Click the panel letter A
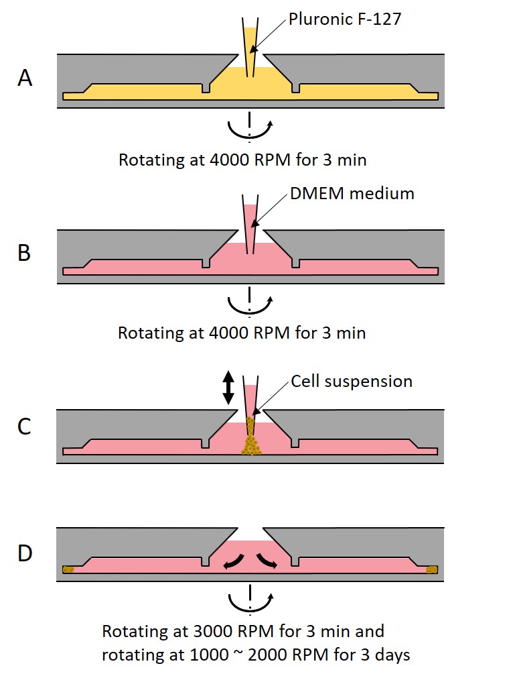[25, 78]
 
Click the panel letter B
[24, 253]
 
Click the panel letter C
[24, 426]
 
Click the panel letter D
[25, 555]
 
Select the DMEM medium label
[352, 194]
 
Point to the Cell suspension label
[352, 382]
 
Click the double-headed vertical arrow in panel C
[228, 388]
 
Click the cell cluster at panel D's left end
[68, 570]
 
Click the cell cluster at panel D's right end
[433, 570]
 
